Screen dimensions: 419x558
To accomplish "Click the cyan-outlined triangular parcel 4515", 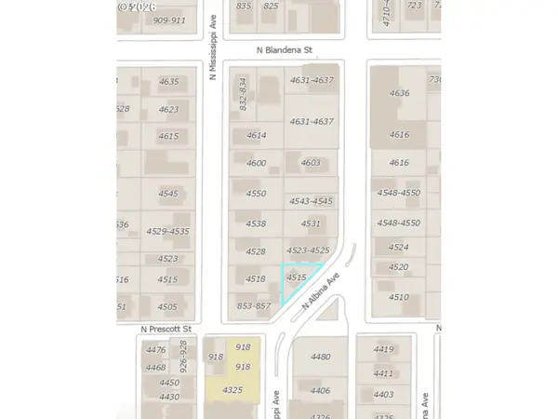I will tap(298, 278).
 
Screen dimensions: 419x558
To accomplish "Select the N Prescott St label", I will tap(166, 329).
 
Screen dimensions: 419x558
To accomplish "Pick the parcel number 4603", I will tap(311, 163).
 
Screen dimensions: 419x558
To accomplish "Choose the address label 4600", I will tap(256, 163).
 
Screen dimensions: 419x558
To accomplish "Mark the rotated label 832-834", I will tap(242, 94).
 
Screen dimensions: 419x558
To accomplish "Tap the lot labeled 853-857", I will tap(253, 306).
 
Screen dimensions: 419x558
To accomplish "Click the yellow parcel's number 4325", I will tap(232, 390).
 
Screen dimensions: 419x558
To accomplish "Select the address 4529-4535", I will tap(167, 231).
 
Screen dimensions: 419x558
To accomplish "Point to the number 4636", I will tap(399, 93).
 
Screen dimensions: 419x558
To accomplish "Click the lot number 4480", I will tap(321, 357).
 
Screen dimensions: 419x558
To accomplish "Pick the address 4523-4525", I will tap(309, 250).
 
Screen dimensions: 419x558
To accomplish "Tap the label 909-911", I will tap(169, 20).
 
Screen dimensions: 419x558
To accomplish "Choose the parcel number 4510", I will tap(398, 297).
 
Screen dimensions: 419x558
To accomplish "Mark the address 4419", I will tap(383, 349).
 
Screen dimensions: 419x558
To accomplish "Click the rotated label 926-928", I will tap(183, 357).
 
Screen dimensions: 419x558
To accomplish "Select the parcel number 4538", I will tap(256, 223).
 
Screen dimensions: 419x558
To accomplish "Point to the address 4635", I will tap(168, 82).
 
